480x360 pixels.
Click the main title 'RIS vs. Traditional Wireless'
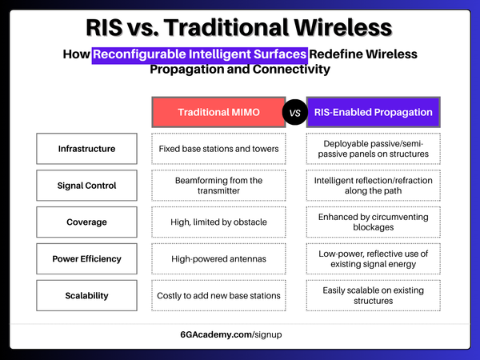[240, 28]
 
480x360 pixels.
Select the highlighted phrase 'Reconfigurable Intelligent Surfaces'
[200, 54]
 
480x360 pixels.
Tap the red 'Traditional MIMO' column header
[218, 112]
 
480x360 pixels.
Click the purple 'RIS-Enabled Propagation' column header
[374, 112]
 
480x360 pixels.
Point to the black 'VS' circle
[294, 113]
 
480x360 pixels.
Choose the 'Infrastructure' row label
[86, 149]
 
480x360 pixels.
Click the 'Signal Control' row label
[86, 186]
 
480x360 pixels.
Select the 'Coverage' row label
[86, 222]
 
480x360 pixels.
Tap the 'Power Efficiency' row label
[86, 258]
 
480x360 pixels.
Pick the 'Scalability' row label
[86, 295]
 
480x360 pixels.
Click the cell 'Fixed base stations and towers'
[218, 149]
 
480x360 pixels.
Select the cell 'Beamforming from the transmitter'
[218, 186]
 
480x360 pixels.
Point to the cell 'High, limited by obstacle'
[218, 222]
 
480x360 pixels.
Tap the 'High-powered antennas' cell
[218, 258]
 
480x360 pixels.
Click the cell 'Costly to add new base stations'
[218, 295]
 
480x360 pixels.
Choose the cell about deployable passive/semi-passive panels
[374, 149]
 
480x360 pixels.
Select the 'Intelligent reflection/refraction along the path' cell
[374, 186]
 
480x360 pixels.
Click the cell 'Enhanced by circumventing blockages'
[374, 222]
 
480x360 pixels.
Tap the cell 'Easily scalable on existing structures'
[374, 295]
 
